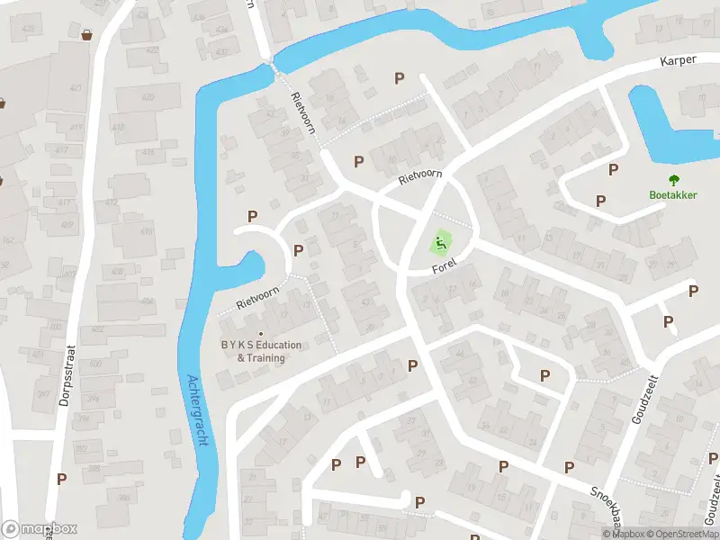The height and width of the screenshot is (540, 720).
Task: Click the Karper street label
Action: pyautogui.click(x=679, y=61)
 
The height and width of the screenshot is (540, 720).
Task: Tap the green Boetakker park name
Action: pyautogui.click(x=673, y=194)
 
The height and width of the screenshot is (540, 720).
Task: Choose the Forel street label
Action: pyautogui.click(x=445, y=264)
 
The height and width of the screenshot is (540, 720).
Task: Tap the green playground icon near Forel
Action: pyautogui.click(x=440, y=242)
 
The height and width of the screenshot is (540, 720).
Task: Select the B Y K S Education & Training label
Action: pyautogui.click(x=261, y=351)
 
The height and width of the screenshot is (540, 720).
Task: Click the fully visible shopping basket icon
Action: pyautogui.click(x=87, y=35)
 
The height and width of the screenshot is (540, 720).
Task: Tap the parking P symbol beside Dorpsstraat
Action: pyautogui.click(x=61, y=479)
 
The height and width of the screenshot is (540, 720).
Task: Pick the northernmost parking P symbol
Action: pyautogui.click(x=399, y=78)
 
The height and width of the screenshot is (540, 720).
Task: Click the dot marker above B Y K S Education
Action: pyautogui.click(x=261, y=335)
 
